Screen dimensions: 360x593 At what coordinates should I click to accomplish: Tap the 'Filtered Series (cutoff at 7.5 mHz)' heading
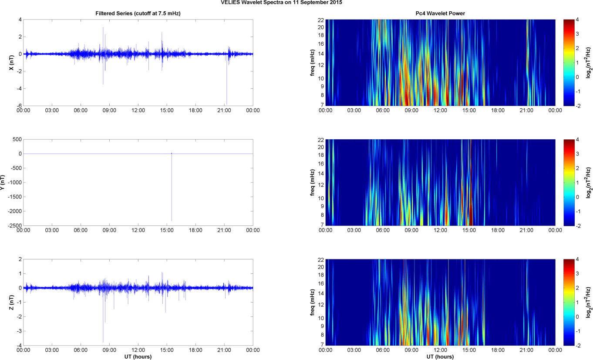pos(138,13)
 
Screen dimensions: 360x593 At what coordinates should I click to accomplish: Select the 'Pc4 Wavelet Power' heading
pos(440,13)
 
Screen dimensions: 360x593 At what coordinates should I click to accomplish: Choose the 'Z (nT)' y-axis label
pos(12,302)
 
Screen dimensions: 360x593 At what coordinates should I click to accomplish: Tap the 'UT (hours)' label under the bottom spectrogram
pos(440,357)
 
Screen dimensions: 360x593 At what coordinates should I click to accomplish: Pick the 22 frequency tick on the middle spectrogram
pos(320,140)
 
